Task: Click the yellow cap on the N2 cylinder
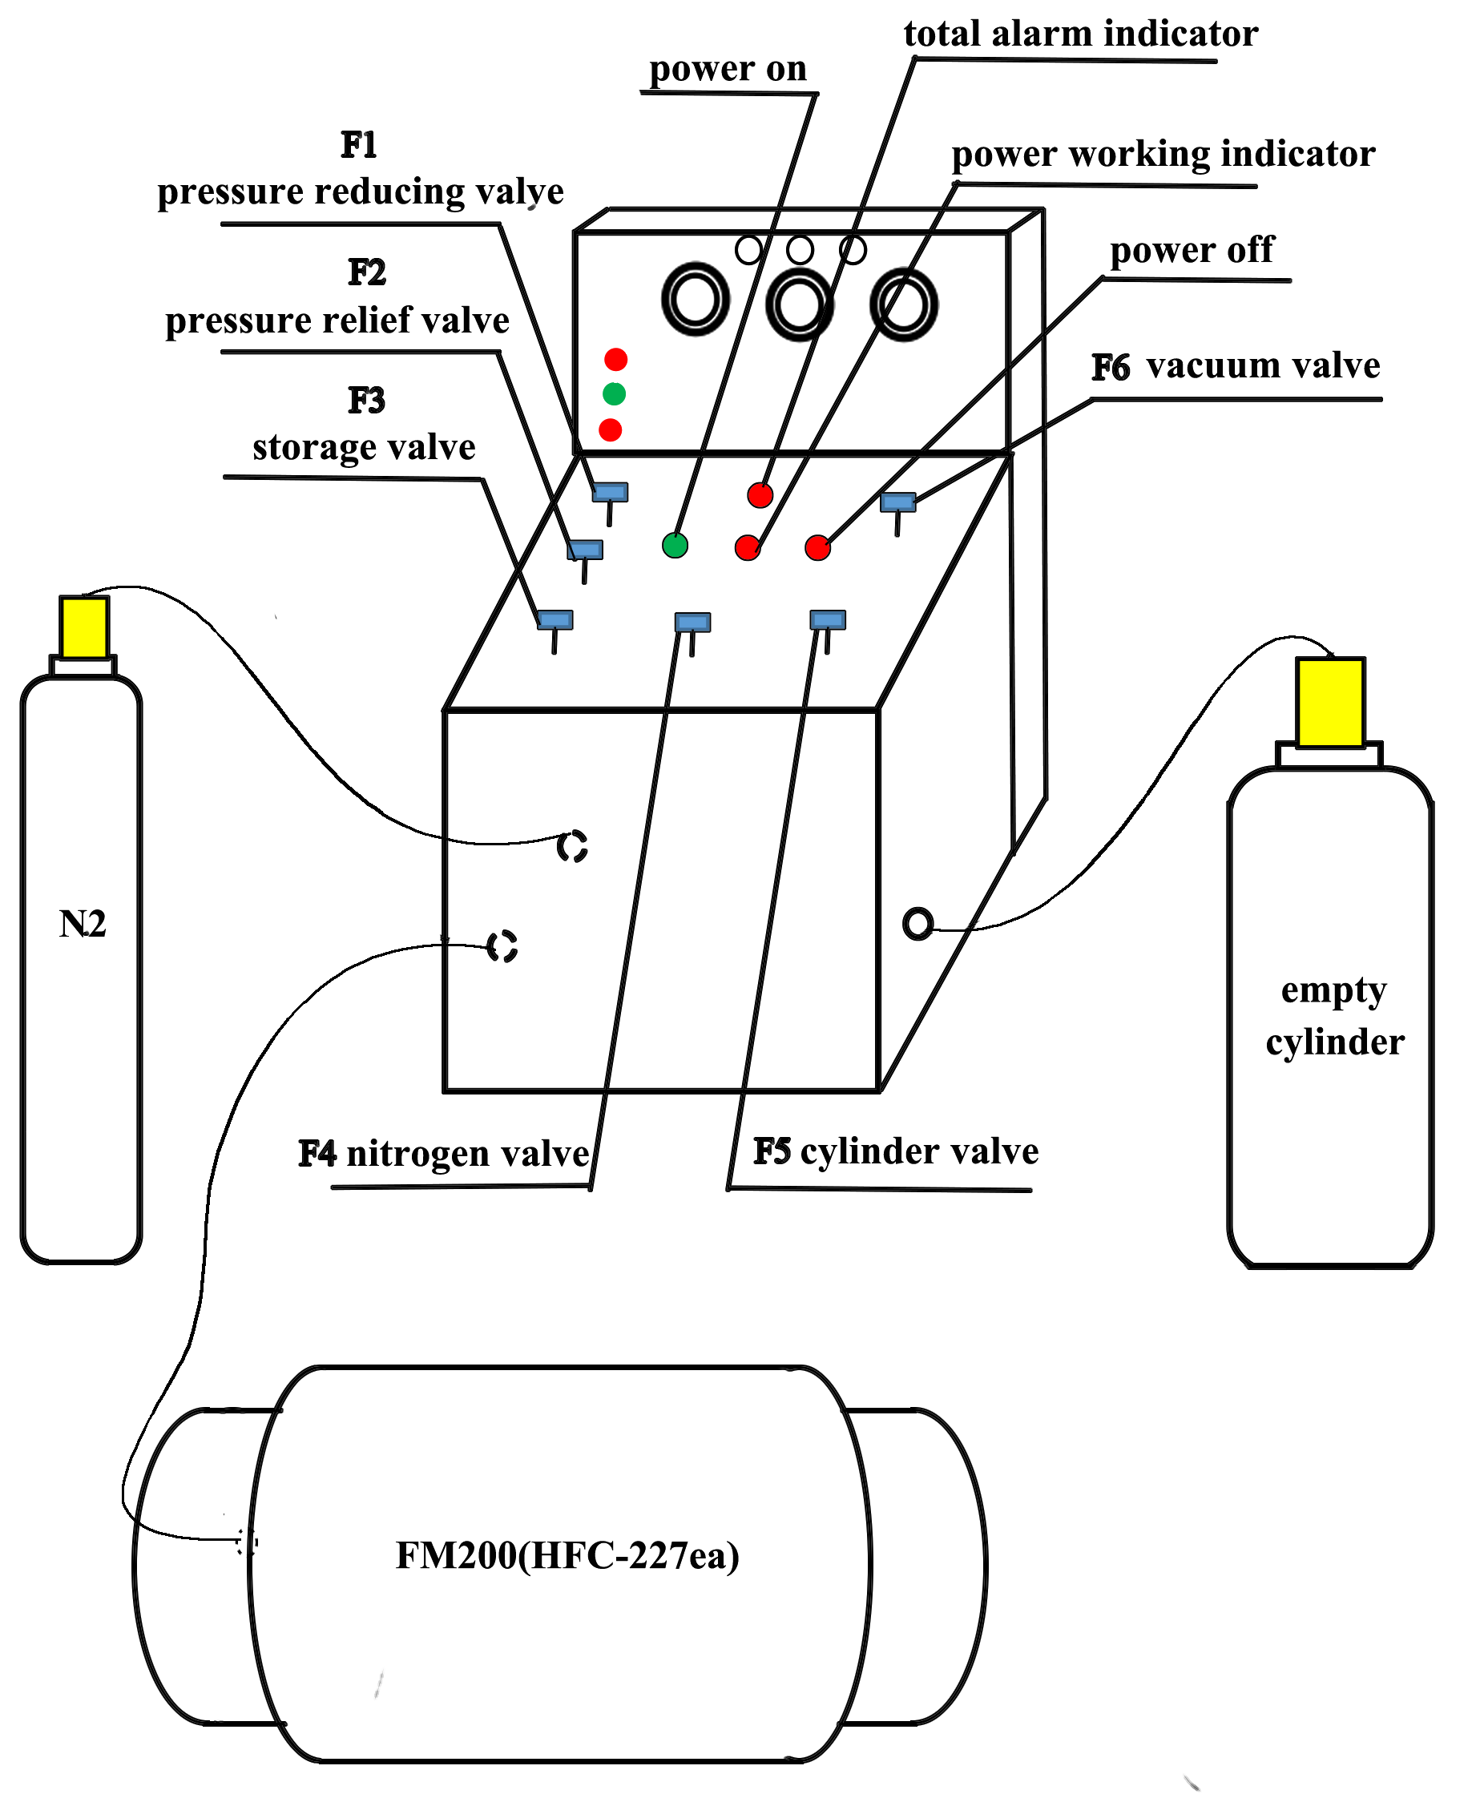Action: point(83,627)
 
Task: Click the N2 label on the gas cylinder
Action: point(82,924)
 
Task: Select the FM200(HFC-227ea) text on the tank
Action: point(567,1555)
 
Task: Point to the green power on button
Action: point(675,545)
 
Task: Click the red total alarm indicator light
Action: point(760,494)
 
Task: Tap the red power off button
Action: point(817,547)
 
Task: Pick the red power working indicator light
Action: point(748,547)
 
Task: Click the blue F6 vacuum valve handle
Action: point(897,502)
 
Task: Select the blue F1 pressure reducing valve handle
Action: point(611,492)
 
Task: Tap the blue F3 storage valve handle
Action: point(555,620)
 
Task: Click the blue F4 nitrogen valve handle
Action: point(692,623)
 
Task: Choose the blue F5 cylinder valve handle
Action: point(827,620)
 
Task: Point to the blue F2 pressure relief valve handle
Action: point(585,550)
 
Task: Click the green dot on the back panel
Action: point(614,394)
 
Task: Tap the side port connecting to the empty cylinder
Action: point(917,923)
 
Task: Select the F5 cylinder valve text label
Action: point(895,1151)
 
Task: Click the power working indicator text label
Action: point(1163,155)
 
